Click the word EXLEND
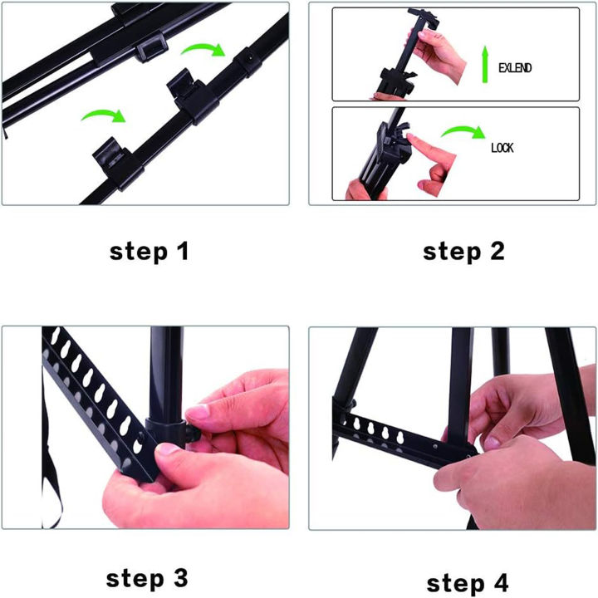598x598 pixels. pos(515,68)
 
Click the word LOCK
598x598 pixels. pos(502,148)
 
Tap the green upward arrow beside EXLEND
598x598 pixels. pos(485,64)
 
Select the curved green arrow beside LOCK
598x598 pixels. pos(463,131)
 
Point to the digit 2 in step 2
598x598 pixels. pos(497,252)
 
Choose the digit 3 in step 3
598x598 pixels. pos(181,578)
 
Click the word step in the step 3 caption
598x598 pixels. pos(135,580)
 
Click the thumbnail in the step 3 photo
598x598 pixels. pos(167,449)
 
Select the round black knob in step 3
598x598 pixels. pos(194,434)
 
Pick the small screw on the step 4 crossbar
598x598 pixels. pos(435,445)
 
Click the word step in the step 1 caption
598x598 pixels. pos(139,252)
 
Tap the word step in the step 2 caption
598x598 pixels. pos(452,252)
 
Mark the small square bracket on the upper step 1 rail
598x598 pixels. pos(152,47)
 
